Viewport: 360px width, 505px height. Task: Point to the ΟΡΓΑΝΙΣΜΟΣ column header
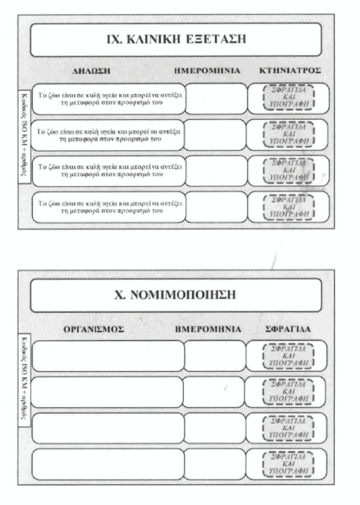(94, 329)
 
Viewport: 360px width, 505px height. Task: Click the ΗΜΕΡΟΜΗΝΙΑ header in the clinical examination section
(214, 71)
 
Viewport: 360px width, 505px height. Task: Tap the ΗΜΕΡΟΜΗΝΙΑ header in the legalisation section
(214, 329)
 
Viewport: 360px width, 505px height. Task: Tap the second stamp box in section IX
(289, 135)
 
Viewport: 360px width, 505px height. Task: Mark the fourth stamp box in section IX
(289, 207)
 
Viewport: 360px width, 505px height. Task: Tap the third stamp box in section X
(289, 428)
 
